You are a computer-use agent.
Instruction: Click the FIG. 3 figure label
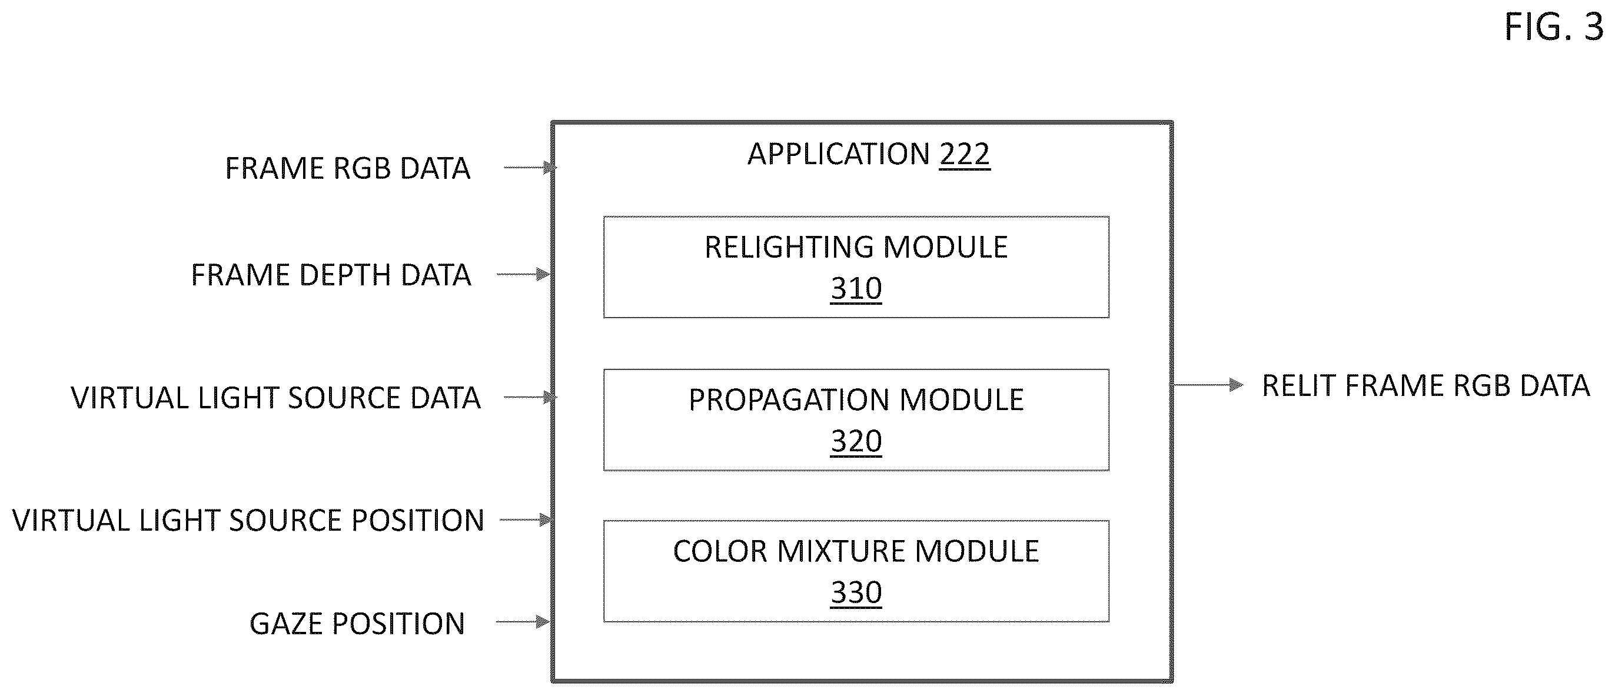pos(1554,28)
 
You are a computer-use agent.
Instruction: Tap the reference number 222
pos(964,154)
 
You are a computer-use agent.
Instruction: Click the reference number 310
pos(856,289)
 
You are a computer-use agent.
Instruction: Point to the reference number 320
pos(856,441)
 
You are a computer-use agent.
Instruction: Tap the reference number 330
pos(856,592)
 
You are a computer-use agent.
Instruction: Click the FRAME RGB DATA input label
pos(347,168)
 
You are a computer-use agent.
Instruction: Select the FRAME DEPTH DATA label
pos(331,275)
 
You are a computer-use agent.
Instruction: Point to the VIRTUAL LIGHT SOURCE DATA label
pos(276,398)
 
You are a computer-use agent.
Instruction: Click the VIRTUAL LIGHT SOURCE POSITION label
pos(248,521)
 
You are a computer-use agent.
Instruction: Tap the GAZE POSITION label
pos(357,624)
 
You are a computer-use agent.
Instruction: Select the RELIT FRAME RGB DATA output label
pos(1425,386)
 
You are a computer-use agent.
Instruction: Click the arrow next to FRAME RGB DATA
pos(530,167)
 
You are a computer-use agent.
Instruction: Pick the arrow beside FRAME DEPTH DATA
pos(523,274)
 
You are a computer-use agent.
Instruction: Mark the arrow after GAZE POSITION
pos(523,622)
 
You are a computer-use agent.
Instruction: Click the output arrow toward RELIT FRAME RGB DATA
pos(1208,385)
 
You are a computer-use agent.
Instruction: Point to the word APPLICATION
pos(839,154)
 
